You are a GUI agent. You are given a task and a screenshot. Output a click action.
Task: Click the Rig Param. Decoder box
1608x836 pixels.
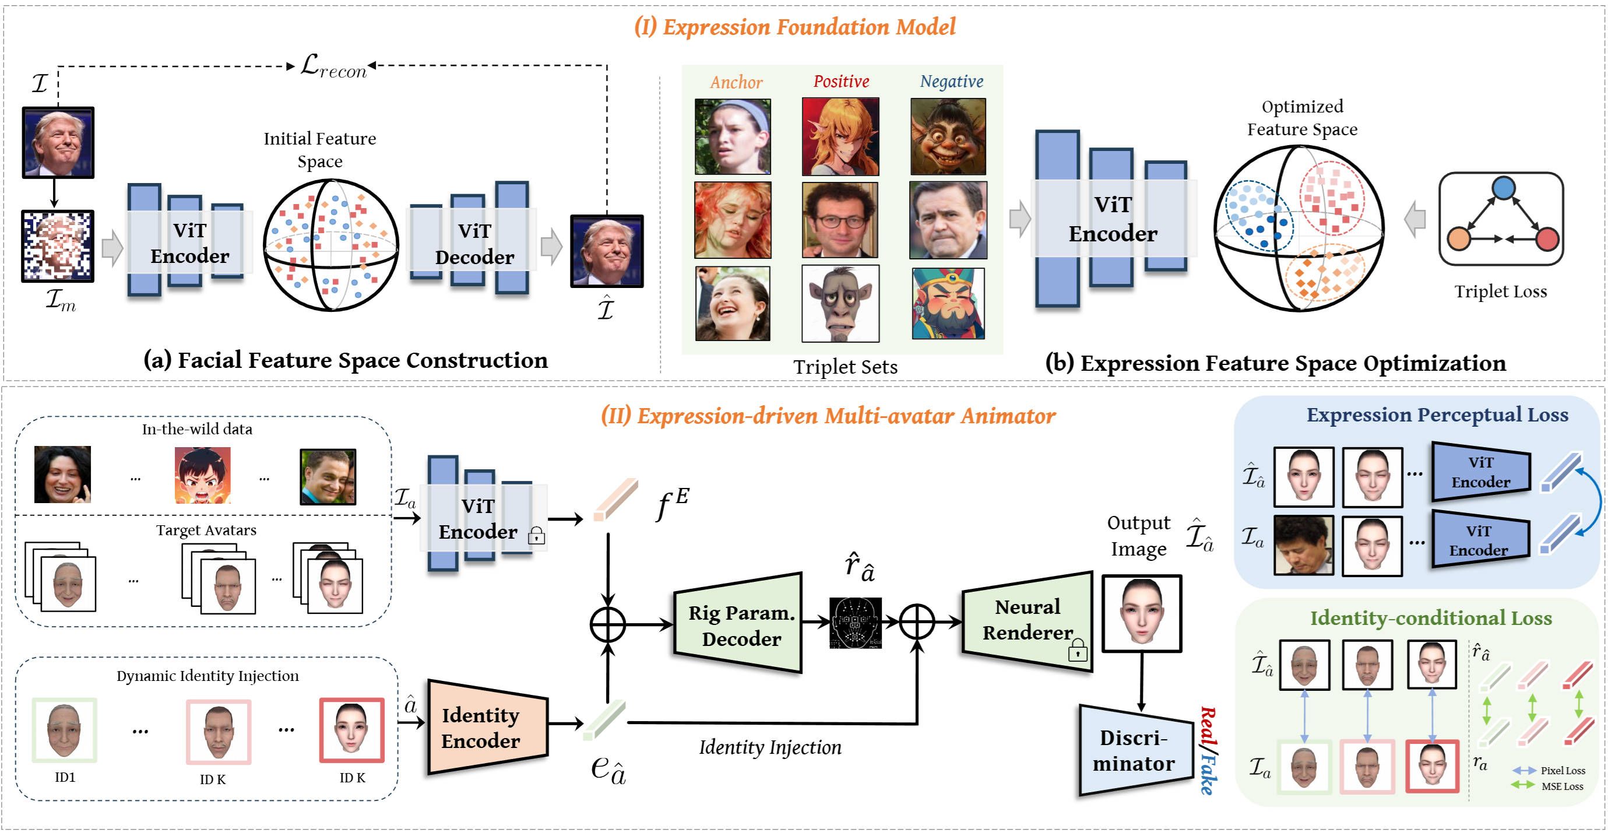coord(739,624)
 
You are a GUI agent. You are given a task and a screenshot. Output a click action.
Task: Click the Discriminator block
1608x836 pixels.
coord(1135,750)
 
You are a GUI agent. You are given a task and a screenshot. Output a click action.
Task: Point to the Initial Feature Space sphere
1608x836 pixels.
coord(331,245)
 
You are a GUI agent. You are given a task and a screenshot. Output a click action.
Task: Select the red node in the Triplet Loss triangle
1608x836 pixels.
coord(1547,239)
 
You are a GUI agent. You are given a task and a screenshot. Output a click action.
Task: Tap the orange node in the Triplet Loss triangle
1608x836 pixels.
coord(1458,239)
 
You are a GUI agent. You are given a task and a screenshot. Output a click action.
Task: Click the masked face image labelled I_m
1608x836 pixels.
coord(58,246)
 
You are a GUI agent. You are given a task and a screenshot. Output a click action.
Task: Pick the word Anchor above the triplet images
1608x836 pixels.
coord(736,82)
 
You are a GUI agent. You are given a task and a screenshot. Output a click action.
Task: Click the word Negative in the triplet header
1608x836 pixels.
coord(951,81)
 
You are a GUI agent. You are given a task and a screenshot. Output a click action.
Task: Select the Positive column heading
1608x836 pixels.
coord(841,81)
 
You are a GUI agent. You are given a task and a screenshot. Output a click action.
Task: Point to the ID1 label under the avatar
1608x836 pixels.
coord(65,777)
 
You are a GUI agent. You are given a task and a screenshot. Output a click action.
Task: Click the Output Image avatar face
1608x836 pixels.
coord(1142,613)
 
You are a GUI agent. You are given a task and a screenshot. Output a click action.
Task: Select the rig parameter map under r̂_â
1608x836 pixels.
coord(855,623)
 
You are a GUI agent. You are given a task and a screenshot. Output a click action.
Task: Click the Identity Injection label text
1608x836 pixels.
coord(770,747)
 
